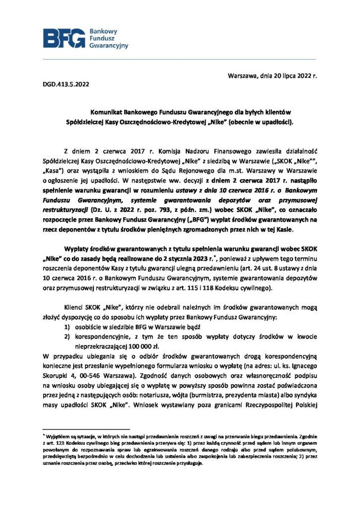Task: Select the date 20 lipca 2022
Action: click(x=284, y=77)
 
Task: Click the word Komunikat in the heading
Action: click(x=106, y=113)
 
